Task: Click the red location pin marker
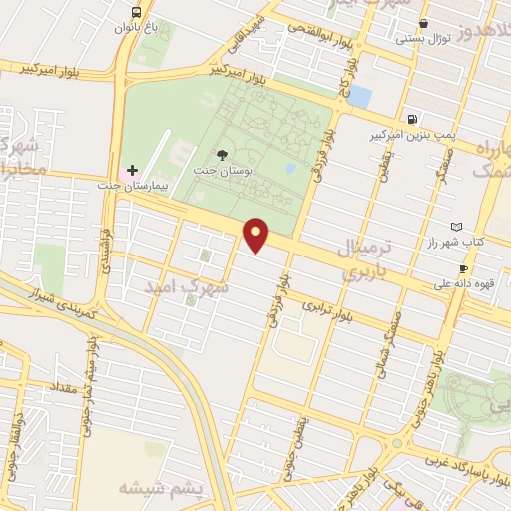pos(257,236)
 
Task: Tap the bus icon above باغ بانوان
pos(136,12)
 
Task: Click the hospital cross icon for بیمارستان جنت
pos(132,171)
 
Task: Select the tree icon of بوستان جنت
pos(224,155)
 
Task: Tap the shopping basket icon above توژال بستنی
pos(424,23)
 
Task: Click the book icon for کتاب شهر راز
pos(457,228)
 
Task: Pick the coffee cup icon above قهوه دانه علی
pos(463,268)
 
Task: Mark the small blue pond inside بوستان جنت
pos(289,168)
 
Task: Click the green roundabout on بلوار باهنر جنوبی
pos(396,443)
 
